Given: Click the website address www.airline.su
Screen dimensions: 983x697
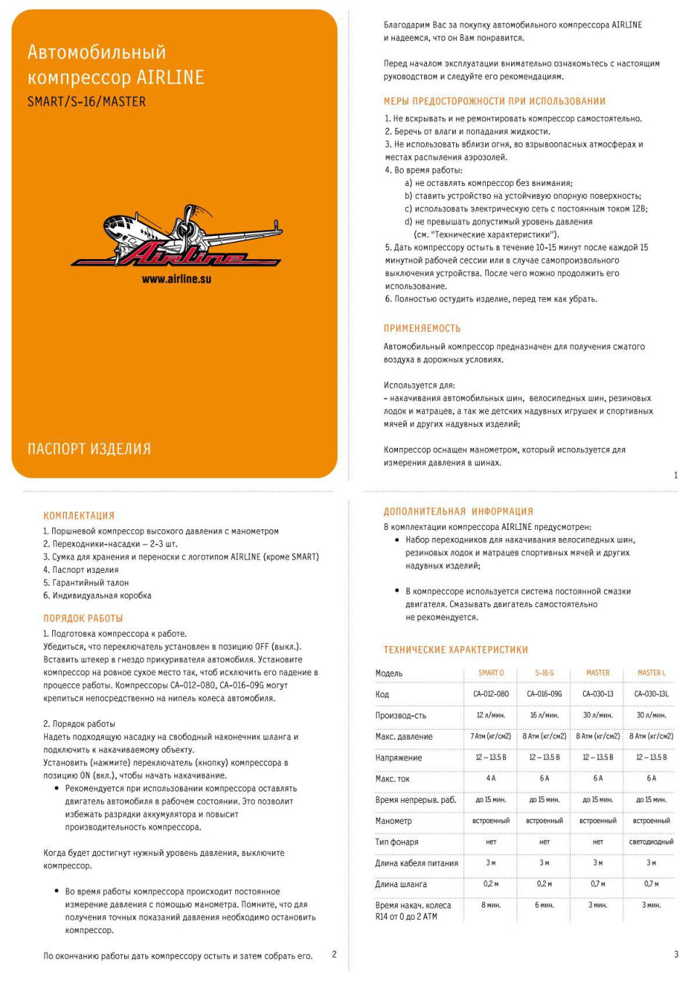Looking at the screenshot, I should (176, 279).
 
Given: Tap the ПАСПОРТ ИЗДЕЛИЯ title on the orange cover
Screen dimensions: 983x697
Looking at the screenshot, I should (89, 449).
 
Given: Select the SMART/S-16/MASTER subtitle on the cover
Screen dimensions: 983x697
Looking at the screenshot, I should (86, 102).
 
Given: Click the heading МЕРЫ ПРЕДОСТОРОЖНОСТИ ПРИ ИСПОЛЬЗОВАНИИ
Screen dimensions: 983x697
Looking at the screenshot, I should (494, 101).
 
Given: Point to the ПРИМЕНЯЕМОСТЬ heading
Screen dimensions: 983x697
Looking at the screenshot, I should (422, 328).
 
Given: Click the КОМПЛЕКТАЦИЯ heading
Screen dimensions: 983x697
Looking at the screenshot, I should (79, 515).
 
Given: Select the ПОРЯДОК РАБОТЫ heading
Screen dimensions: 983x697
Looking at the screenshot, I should (83, 619).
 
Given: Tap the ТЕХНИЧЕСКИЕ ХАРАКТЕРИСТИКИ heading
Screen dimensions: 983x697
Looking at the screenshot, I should (456, 650).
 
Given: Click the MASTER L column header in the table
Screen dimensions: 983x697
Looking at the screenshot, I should (651, 673).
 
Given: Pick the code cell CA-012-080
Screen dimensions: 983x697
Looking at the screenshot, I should (491, 694).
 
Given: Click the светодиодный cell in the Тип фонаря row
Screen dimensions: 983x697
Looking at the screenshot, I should (651, 842).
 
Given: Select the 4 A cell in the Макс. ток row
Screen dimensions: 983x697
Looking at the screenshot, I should (491, 778).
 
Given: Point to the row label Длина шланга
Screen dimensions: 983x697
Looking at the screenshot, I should (401, 884).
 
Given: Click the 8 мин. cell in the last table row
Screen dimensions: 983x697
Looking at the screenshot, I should (491, 905).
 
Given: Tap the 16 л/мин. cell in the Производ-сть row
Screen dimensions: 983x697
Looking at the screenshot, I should (545, 715).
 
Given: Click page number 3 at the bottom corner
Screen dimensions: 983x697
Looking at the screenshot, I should (676, 955).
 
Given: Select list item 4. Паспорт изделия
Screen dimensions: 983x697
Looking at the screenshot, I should (81, 570).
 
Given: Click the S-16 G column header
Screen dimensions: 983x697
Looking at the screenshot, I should (545, 673).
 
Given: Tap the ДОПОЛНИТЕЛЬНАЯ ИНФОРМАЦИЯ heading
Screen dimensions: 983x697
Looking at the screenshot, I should (458, 511).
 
